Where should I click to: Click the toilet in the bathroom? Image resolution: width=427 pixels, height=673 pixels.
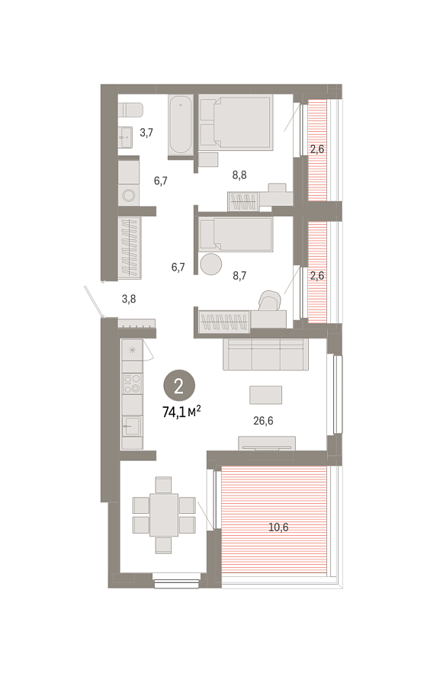[x=130, y=110]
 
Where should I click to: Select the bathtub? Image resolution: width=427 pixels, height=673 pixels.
[x=180, y=124]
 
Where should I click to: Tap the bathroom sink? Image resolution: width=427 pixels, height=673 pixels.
[x=126, y=137]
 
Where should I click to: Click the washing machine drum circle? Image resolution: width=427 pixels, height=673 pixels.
[x=128, y=196]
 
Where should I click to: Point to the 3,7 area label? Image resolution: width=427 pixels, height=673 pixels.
[x=146, y=133]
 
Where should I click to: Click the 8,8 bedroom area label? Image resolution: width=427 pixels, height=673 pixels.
[x=239, y=175]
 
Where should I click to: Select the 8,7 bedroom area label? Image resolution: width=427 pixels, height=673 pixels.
[x=239, y=276]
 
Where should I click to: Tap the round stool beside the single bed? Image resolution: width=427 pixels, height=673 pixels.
[x=211, y=264]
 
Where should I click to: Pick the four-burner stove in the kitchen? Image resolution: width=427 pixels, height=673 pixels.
[x=132, y=383]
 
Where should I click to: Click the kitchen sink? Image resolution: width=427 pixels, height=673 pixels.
[x=132, y=426]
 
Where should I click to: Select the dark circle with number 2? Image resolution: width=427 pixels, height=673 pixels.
[x=179, y=386]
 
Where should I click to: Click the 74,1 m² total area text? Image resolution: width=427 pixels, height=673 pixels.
[x=181, y=412]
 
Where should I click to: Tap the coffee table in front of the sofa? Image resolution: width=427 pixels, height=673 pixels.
[x=266, y=395]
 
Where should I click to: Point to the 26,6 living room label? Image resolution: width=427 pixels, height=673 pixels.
[x=263, y=421]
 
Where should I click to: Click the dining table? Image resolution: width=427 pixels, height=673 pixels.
[x=164, y=514]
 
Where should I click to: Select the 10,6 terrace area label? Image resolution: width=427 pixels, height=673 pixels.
[x=278, y=527]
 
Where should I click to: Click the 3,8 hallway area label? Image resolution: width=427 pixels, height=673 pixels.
[x=129, y=299]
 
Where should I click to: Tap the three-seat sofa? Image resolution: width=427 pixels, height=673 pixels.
[x=265, y=354]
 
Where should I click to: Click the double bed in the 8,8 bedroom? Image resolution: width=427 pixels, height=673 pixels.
[x=236, y=122]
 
